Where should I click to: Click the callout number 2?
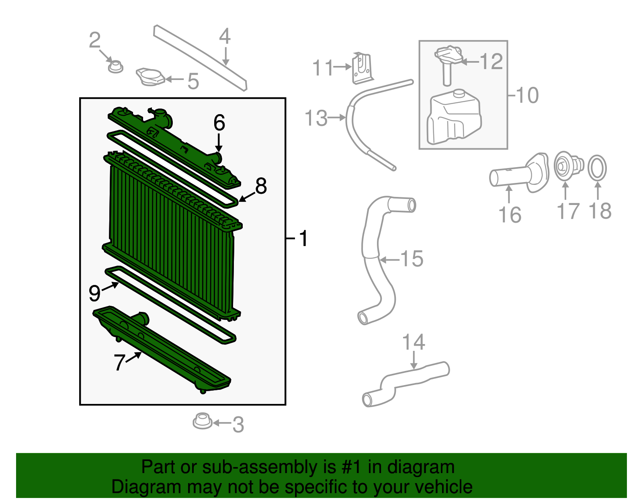coord(94,40)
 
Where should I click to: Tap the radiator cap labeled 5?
coord(150,77)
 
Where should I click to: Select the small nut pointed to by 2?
coord(116,67)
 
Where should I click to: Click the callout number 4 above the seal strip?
coord(225,36)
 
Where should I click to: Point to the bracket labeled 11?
coord(362,69)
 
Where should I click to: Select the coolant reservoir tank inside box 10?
coord(453,118)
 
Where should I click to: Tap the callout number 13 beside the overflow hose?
coord(316,118)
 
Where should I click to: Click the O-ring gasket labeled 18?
coord(598,168)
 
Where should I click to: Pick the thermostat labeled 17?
coord(567,166)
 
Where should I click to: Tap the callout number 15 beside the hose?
coord(412,258)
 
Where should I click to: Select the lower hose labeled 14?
coord(406,382)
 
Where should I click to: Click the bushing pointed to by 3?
coord(202,421)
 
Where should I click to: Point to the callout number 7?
coord(119,363)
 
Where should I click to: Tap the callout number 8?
coord(261,186)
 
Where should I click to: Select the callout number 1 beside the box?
coord(303,238)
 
